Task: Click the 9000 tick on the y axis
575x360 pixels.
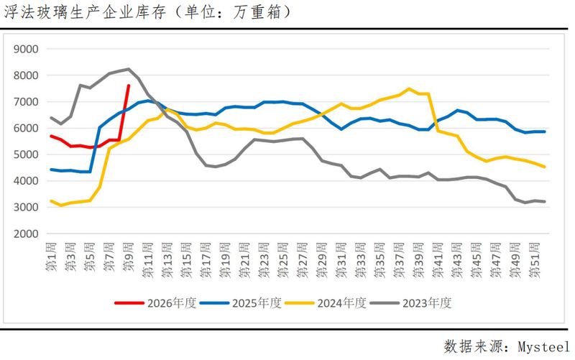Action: tap(26, 49)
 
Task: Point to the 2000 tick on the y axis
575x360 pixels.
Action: tap(26, 234)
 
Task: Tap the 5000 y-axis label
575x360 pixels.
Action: tap(26, 154)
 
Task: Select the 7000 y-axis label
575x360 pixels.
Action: tap(26, 102)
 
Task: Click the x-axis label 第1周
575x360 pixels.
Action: tap(50, 259)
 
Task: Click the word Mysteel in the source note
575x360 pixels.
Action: tap(541, 346)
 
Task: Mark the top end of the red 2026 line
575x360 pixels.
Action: tap(128, 86)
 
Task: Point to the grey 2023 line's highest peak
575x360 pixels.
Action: tap(128, 69)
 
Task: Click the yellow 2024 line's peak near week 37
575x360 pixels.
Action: tap(409, 89)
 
